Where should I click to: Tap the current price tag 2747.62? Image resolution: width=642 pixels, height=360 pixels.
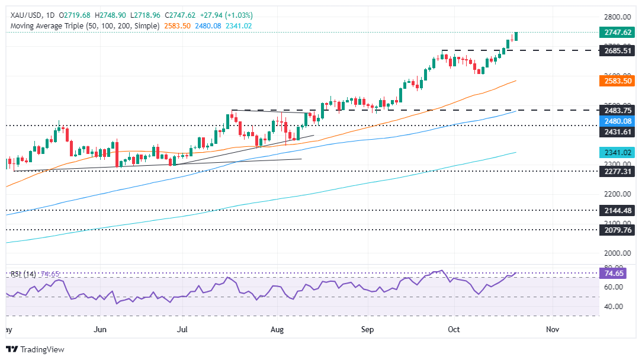tap(616, 33)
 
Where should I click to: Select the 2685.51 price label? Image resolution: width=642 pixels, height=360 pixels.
tap(616, 51)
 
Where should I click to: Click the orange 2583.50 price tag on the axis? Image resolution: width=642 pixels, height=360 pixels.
tap(616, 81)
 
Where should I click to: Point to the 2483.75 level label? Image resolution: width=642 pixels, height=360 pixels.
tap(616, 110)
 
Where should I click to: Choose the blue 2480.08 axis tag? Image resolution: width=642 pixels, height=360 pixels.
tap(616, 121)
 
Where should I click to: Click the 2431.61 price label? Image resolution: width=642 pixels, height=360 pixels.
tap(616, 131)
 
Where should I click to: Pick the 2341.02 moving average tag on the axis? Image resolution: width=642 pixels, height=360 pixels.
tap(616, 152)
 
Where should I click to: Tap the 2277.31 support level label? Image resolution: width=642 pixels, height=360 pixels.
tap(616, 171)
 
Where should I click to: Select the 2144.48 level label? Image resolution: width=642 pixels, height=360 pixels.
tap(616, 210)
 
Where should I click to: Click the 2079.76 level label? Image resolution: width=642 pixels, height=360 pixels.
tap(616, 230)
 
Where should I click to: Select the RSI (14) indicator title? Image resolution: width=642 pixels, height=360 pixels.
tap(23, 274)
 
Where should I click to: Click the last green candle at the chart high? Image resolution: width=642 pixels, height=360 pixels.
tap(516, 36)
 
